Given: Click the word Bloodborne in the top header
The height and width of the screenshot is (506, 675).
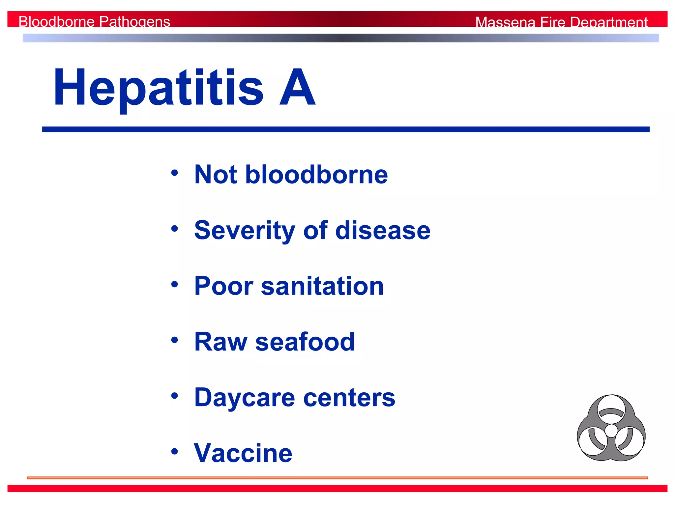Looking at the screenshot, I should (x=57, y=22).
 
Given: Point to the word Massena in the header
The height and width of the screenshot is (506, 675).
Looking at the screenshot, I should (x=505, y=22).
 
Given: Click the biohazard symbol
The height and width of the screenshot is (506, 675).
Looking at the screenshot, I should (x=611, y=428).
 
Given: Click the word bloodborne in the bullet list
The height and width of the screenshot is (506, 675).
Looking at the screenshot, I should (x=316, y=174).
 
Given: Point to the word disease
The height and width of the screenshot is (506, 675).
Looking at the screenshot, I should (x=383, y=230).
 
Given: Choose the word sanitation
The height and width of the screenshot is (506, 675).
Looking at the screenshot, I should (x=322, y=286).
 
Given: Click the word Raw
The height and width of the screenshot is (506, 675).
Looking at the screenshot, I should (x=220, y=342).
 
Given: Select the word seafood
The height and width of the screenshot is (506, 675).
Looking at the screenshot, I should (x=305, y=342).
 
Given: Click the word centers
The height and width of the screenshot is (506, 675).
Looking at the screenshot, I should (x=349, y=398).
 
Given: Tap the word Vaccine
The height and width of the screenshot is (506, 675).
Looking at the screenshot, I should (x=243, y=453).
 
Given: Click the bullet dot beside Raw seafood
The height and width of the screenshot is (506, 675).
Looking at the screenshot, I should (x=175, y=340).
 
